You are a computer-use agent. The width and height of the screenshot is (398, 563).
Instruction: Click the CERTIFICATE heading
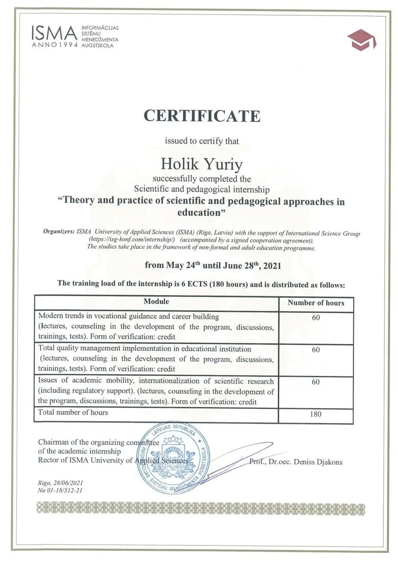(202, 116)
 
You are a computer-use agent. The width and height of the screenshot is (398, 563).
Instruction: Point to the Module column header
(156, 301)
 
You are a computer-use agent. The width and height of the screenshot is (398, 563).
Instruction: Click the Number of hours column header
(316, 303)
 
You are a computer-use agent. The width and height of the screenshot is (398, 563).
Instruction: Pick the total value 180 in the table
(316, 414)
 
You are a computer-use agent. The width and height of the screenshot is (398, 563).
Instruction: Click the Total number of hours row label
(73, 412)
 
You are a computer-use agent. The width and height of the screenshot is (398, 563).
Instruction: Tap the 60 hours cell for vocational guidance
(316, 318)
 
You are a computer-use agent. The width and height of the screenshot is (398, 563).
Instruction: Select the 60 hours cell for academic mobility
(316, 382)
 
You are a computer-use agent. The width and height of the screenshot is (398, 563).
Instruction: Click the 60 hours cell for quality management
(316, 350)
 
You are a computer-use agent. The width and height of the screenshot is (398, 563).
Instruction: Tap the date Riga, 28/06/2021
(60, 483)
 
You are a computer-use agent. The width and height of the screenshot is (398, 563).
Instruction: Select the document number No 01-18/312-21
(60, 490)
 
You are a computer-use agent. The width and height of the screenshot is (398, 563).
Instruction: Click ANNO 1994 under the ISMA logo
(54, 45)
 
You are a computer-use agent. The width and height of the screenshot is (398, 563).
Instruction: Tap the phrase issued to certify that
(202, 141)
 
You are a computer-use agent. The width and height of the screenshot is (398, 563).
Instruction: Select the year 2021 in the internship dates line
(272, 266)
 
